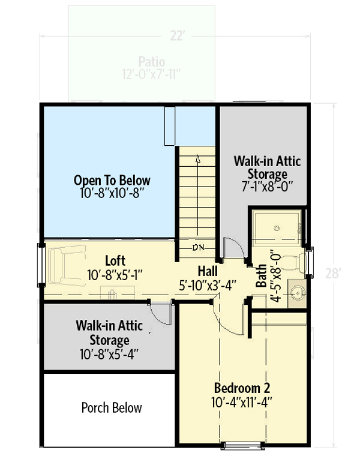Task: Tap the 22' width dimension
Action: tap(176, 37)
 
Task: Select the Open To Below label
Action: tap(112, 180)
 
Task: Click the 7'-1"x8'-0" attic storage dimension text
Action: tap(267, 186)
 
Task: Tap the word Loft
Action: tap(115, 261)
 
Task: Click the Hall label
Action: tap(208, 271)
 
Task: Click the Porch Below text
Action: tap(112, 408)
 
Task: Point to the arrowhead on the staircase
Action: tap(197, 158)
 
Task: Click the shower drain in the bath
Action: tap(277, 228)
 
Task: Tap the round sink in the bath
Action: tap(295, 294)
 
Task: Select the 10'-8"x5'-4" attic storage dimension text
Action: tap(110, 354)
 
